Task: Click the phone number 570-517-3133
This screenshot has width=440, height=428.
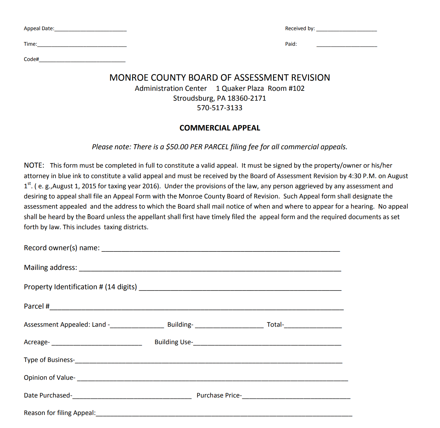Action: pyautogui.click(x=219, y=108)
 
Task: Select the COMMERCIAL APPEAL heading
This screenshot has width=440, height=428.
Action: pyautogui.click(x=220, y=128)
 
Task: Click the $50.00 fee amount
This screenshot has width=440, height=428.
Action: pyautogui.click(x=177, y=147)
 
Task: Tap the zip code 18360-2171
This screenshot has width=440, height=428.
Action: pyautogui.click(x=247, y=98)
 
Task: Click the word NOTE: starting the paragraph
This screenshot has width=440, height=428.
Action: pyautogui.click(x=34, y=165)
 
